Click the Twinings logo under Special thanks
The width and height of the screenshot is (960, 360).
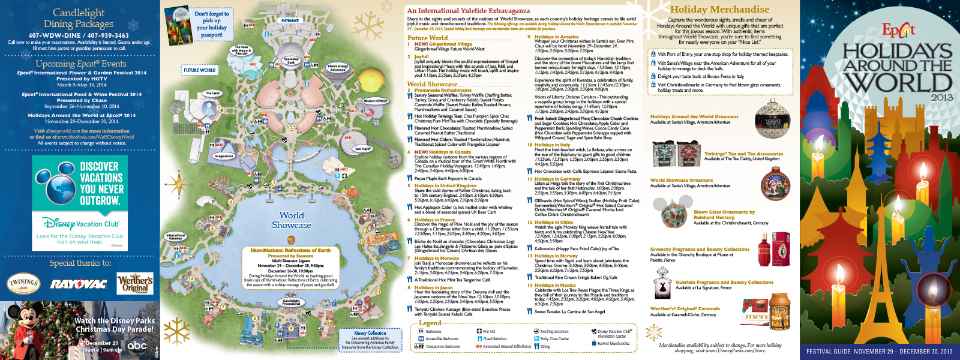[23, 283]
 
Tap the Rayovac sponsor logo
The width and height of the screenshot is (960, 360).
[78, 284]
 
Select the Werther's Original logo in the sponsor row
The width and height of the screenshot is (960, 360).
[135, 283]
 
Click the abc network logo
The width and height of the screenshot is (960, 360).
[137, 345]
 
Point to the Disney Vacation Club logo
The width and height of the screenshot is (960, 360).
[80, 224]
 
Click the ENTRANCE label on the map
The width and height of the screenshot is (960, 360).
[290, 20]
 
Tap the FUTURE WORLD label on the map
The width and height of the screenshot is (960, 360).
[200, 70]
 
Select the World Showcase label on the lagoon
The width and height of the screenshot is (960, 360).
[292, 220]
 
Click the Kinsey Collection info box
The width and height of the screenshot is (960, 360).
[370, 340]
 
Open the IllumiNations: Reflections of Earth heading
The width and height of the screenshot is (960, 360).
[290, 250]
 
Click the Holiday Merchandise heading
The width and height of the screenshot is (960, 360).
[719, 9]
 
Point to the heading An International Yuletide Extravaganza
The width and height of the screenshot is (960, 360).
[468, 10]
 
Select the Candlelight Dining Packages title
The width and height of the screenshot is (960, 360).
[79, 18]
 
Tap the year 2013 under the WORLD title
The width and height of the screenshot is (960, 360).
[941, 97]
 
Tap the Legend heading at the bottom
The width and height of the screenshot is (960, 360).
[430, 323]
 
